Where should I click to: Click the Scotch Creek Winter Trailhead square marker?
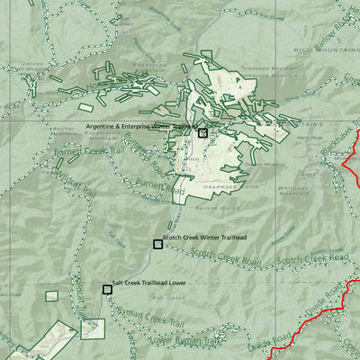pos(157,244)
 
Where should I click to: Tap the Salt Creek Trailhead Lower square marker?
pos(107,290)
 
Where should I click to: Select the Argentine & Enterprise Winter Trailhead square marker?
pos(202,133)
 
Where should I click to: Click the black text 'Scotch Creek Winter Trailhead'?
pos(205,238)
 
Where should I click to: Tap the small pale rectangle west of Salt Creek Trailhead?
pos(92,328)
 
